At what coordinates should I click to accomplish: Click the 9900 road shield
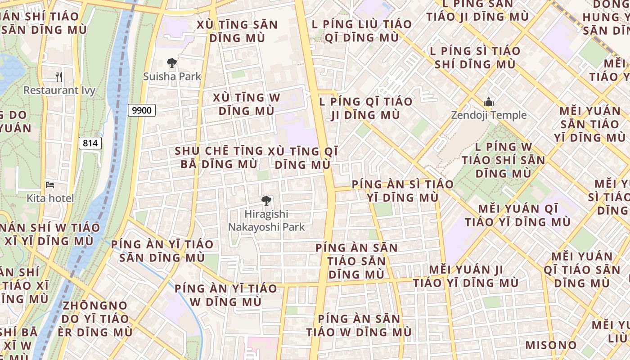click(142, 110)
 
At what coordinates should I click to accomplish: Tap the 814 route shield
click(90, 143)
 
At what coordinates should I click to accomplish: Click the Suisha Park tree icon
click(171, 63)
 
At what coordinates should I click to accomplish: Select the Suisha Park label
click(172, 76)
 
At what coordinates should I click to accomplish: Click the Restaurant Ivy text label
click(59, 90)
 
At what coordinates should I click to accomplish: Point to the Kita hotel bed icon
click(50, 185)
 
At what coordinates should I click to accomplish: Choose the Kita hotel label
click(50, 198)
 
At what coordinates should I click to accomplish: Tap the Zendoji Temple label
click(489, 115)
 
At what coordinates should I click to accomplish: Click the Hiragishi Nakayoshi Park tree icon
click(266, 200)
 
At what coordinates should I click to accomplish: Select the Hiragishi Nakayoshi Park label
click(266, 220)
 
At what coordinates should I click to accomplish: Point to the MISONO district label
click(551, 345)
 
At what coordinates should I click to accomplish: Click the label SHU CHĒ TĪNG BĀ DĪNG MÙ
click(219, 157)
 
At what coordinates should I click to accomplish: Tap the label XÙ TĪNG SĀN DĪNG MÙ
click(237, 31)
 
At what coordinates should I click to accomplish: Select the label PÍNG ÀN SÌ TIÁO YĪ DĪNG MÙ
click(402, 191)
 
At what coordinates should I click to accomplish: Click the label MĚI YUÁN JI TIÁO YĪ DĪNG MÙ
click(466, 276)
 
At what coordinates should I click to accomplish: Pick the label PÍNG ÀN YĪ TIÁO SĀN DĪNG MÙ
click(162, 251)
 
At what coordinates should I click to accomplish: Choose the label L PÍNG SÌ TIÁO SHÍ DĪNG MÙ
click(475, 57)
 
